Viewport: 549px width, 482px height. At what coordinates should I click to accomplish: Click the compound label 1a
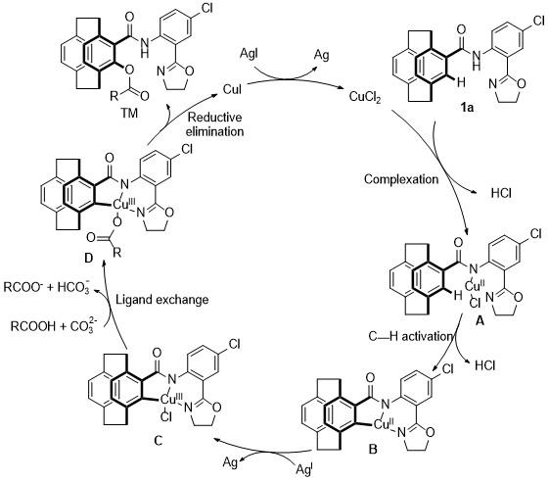468,107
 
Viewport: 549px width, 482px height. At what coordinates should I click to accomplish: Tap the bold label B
373,449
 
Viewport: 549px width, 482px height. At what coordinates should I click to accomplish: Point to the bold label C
158,440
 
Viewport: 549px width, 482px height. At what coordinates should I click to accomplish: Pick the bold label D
89,259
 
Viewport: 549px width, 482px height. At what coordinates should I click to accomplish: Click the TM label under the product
129,113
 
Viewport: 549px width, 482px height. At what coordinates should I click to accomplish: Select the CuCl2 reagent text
365,97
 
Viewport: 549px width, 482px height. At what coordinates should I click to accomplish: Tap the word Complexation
401,179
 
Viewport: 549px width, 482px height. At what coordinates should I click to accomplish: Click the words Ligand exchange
162,300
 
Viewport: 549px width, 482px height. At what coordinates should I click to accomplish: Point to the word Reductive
215,118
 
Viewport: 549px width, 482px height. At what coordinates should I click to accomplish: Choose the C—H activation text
411,337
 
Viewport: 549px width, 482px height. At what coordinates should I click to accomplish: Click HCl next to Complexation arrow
501,193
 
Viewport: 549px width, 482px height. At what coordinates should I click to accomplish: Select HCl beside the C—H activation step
485,365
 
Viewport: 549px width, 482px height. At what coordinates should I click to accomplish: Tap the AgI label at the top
249,54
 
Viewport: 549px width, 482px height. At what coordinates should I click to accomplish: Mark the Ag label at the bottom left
230,462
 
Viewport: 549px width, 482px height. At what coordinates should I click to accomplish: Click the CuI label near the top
232,89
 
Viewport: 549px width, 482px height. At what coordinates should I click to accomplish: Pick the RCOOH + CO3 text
53,325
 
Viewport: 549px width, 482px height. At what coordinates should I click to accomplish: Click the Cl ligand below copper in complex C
165,416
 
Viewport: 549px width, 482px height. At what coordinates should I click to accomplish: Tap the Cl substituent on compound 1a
538,21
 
